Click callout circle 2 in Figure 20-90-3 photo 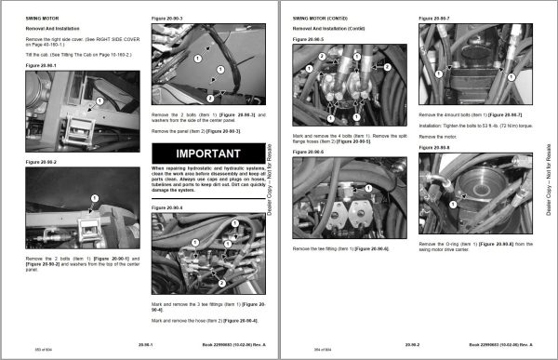point(211,97)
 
